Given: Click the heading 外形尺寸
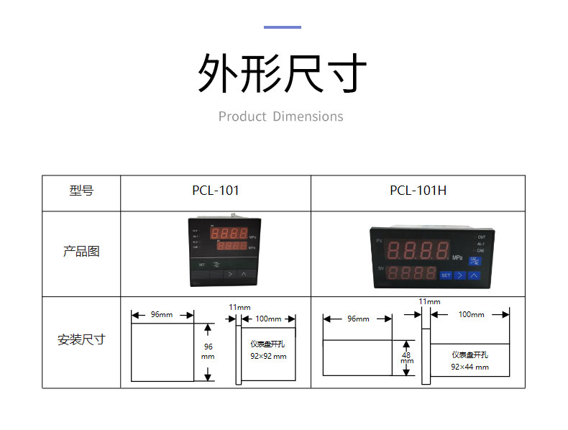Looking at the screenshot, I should (x=282, y=73).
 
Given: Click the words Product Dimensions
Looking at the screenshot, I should (x=281, y=116).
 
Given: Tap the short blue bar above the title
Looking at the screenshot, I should (x=282, y=27).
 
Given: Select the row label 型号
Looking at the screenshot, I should (x=81, y=191).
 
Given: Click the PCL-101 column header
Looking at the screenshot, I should (x=215, y=191).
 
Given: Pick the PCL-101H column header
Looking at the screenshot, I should (x=418, y=191).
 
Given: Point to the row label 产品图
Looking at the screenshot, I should (x=81, y=252).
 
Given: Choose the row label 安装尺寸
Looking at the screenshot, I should (x=81, y=339).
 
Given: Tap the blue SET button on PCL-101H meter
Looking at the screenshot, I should (x=446, y=275).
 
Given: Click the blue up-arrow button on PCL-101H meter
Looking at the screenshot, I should (x=474, y=275).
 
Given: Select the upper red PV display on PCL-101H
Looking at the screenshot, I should (x=419, y=250).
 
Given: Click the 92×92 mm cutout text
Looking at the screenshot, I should (x=268, y=356).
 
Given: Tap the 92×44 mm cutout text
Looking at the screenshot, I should (x=469, y=367).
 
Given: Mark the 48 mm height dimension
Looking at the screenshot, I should (x=407, y=357).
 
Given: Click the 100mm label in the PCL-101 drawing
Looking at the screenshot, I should (x=268, y=318).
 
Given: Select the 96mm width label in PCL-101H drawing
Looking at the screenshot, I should (x=357, y=319).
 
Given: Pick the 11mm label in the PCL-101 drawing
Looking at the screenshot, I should (x=239, y=307).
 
